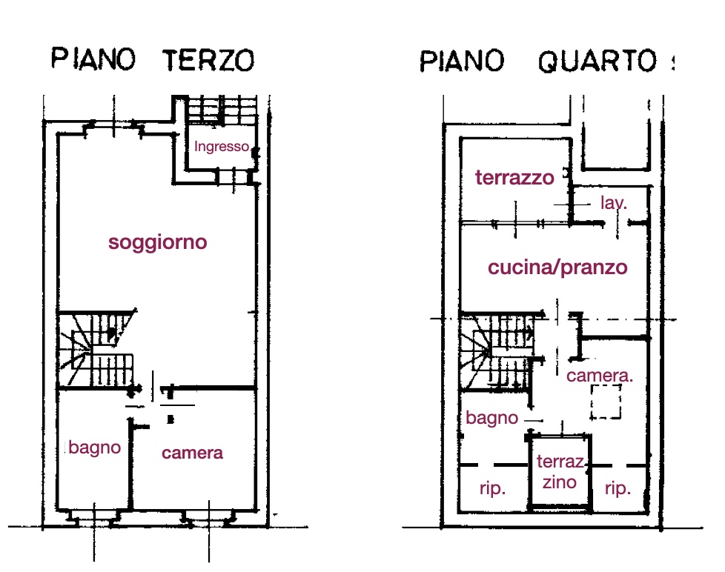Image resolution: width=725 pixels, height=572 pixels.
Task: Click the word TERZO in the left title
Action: (x=208, y=60)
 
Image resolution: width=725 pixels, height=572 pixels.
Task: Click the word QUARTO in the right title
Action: (x=597, y=61)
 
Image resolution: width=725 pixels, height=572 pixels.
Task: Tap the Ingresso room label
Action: (x=222, y=147)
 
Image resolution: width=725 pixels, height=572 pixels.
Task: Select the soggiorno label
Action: (x=158, y=242)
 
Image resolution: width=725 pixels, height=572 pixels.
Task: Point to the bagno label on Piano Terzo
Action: (x=95, y=448)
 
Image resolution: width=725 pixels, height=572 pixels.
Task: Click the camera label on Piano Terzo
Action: (x=192, y=453)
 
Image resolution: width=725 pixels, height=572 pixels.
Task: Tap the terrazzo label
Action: (x=514, y=177)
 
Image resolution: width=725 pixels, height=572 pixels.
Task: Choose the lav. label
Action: (x=614, y=202)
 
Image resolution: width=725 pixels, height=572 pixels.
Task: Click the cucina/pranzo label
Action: (x=557, y=267)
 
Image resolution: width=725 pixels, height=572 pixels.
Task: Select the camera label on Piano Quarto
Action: (x=600, y=376)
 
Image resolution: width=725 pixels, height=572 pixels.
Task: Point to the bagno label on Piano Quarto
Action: (x=492, y=418)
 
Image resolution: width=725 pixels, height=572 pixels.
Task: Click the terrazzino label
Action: (x=560, y=472)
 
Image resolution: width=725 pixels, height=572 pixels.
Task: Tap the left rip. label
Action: (x=492, y=488)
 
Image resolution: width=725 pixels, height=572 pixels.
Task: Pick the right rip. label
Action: (x=618, y=488)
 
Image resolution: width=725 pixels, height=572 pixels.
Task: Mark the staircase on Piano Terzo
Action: (x=95, y=349)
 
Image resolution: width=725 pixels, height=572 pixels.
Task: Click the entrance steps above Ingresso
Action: (x=222, y=110)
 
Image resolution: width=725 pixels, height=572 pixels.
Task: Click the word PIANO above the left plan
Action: (x=93, y=59)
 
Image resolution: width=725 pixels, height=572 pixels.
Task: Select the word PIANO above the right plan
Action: (x=461, y=61)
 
